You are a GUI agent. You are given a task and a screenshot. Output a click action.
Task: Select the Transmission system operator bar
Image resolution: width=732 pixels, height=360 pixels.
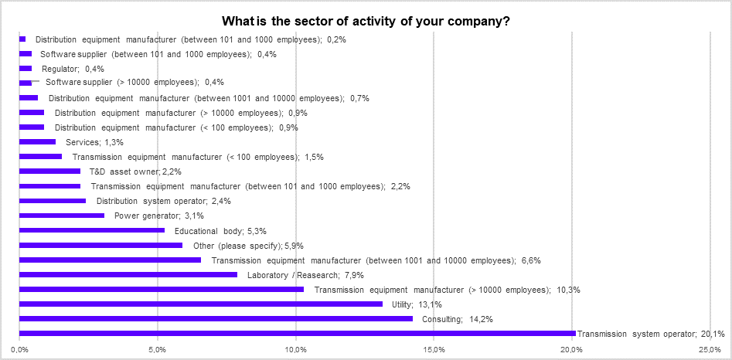(x=297, y=334)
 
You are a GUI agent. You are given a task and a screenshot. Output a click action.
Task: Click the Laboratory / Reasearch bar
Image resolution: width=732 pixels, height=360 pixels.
(x=128, y=274)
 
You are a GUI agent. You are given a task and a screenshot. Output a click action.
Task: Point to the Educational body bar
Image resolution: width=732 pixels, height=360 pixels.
(x=92, y=230)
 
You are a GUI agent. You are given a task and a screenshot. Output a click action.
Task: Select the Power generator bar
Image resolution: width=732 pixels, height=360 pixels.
(x=62, y=216)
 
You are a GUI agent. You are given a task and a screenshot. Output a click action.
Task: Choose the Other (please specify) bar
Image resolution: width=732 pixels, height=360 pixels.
(x=100, y=245)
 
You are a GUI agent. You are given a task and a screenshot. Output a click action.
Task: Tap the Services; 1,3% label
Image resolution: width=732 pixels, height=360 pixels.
(x=95, y=142)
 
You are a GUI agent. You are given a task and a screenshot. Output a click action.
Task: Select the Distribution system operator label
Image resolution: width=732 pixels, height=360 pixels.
(x=163, y=201)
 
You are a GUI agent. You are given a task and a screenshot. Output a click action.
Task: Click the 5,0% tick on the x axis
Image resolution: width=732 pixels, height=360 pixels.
(x=158, y=351)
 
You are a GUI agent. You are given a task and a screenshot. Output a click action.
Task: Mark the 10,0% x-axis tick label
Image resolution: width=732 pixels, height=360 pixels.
(x=296, y=351)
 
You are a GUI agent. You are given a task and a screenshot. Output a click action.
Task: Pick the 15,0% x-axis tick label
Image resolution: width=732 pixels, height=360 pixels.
(x=434, y=351)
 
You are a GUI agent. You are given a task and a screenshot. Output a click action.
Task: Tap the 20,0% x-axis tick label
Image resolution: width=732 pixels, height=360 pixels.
(x=572, y=351)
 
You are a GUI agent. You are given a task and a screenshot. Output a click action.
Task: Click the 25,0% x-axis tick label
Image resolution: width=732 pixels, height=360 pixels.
(x=710, y=351)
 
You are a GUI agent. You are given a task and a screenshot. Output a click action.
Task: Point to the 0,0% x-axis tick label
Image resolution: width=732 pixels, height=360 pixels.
(x=20, y=351)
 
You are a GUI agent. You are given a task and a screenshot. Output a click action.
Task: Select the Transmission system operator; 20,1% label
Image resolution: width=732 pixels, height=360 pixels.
(x=651, y=334)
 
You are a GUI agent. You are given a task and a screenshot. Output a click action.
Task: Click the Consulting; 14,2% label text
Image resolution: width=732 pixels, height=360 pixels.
(x=458, y=319)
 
